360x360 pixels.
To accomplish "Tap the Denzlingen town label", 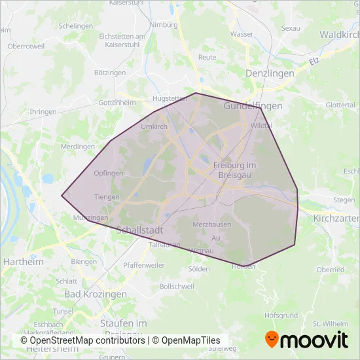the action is [x=269, y=73].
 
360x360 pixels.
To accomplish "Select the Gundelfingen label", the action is [x=253, y=105].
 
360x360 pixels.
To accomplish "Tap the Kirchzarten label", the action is [x=336, y=217].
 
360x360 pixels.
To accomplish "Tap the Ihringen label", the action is [x=43, y=112].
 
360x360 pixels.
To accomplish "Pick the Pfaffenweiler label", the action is [x=145, y=266].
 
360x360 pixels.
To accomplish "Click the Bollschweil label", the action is [x=177, y=287].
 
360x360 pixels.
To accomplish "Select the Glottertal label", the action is [x=340, y=105].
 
